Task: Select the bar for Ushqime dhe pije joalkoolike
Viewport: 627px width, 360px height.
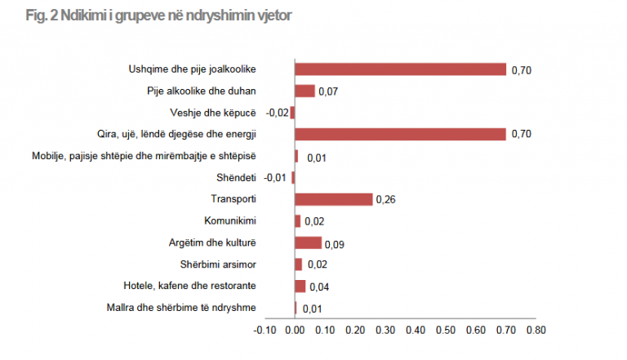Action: (400, 69)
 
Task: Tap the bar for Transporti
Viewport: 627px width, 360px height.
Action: (333, 199)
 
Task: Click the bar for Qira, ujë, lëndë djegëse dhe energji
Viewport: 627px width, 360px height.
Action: (400, 134)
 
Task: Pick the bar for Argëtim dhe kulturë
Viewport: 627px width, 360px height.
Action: (308, 242)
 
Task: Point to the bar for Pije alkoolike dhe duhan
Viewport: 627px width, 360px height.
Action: (305, 91)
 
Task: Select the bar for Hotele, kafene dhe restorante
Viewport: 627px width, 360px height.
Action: (300, 286)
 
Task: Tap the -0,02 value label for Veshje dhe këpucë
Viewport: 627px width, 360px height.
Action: (278, 113)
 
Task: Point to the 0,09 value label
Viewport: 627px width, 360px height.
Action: (335, 243)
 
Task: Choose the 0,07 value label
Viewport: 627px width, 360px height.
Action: (328, 91)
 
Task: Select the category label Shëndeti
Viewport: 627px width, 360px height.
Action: (239, 177)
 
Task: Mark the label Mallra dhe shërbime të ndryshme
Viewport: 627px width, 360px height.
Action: (182, 307)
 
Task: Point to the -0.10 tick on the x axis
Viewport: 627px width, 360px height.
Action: (265, 331)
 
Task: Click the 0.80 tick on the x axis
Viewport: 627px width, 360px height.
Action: (536, 331)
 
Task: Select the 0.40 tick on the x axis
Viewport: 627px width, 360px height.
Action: (416, 331)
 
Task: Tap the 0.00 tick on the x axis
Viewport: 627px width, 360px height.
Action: (296, 331)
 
